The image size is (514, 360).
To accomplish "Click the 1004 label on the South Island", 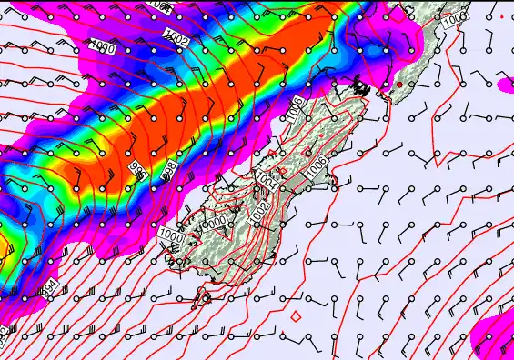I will pos(267,178).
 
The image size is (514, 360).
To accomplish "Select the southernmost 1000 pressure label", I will pos(170,236).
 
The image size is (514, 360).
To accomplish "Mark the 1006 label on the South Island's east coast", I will pos(315,167).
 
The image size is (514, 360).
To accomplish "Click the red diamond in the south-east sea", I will pos(296,317).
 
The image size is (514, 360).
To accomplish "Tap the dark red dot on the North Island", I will pos(399,85).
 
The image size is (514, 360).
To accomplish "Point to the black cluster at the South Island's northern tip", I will pos(361,88).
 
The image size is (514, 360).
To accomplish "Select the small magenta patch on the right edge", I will pos(506,84).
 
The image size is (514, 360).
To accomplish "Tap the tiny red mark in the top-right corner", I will pos(502,16).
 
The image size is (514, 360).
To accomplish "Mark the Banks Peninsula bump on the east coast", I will pos(334,186).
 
